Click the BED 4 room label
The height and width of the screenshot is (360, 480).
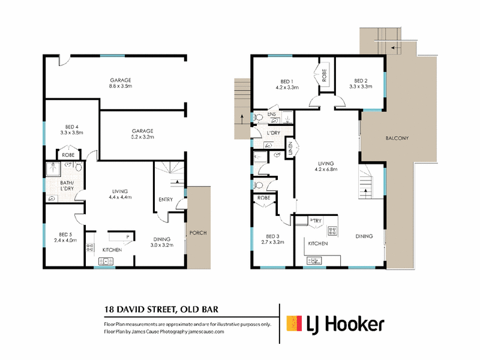[x=71, y=127]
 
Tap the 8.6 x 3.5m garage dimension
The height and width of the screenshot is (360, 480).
[x=121, y=86]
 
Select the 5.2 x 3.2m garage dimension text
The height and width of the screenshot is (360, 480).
[x=143, y=137]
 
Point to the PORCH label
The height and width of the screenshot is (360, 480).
[x=198, y=233]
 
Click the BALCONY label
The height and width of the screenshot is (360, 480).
[x=397, y=138]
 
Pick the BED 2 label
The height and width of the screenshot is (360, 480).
[x=361, y=81]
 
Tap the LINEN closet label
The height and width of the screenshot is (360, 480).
[x=290, y=148]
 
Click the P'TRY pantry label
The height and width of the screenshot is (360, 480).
[x=316, y=220]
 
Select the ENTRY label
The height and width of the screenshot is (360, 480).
[x=166, y=199]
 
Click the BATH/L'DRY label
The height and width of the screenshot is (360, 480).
[x=67, y=185]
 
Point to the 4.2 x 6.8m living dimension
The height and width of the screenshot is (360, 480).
[x=326, y=169]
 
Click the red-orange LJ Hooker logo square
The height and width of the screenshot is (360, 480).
[x=294, y=323]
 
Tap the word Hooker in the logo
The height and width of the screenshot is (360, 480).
[x=354, y=324]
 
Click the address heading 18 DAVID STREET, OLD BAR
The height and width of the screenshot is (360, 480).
[x=161, y=310]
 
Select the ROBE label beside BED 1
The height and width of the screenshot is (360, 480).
[x=324, y=76]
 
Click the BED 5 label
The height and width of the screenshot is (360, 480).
[x=65, y=235]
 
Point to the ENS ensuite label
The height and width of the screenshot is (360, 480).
[x=272, y=114]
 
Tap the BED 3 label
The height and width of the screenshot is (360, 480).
[x=272, y=236]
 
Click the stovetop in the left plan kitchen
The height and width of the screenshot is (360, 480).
[x=90, y=247]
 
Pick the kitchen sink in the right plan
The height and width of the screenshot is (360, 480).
[x=314, y=261]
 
